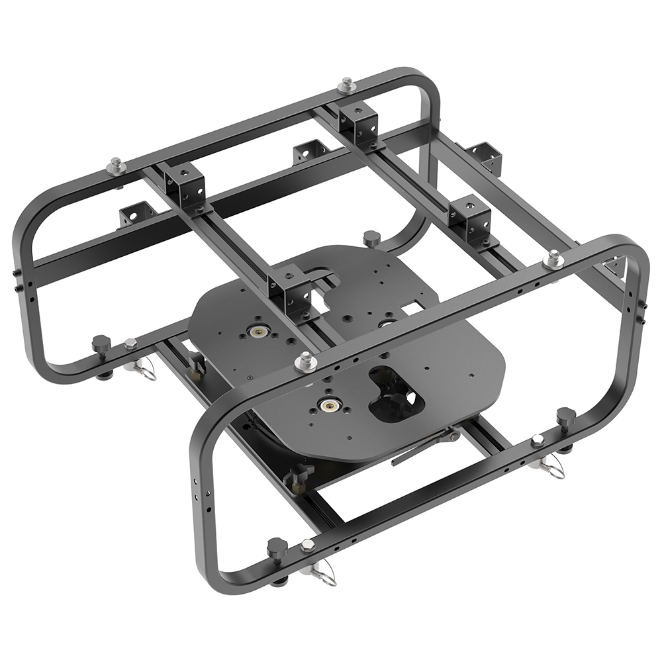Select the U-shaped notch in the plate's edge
tap(322, 275)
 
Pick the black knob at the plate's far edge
tap(371, 236)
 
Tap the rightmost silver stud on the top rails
tap(553, 258)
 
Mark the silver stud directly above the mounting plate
tap(305, 361)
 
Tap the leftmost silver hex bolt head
tap(130, 344)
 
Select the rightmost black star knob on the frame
tap(565, 416)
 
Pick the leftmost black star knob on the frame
tap(100, 344)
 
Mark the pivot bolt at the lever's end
tap(452, 436)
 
